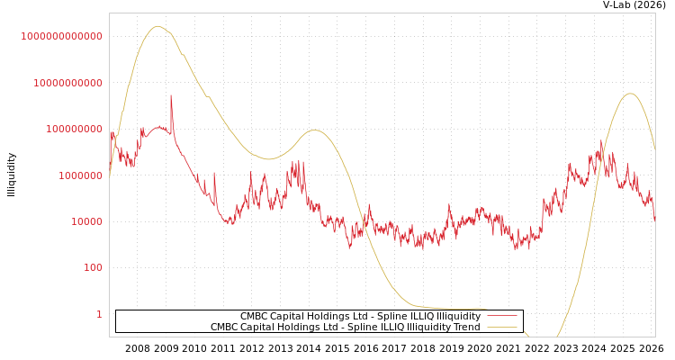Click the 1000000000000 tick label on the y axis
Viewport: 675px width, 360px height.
coord(62,36)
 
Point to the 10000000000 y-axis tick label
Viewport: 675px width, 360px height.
coord(67,83)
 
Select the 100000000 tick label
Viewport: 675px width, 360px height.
coord(74,129)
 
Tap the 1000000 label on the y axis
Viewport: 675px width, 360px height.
coord(80,175)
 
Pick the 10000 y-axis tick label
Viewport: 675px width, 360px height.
coord(86,221)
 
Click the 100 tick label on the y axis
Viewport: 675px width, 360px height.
coord(93,268)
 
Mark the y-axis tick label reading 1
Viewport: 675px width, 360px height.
coord(99,314)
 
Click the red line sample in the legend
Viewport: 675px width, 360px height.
coord(501,316)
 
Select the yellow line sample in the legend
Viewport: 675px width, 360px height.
coord(501,328)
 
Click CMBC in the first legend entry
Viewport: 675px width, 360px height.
coord(254,316)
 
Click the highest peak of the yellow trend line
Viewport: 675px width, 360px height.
coord(157,26)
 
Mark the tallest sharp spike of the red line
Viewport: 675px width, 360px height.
coord(171,96)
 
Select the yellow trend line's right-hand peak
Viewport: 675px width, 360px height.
coord(630,94)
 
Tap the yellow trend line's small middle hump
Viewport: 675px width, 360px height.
coord(314,130)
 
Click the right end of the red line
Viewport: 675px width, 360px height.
coord(654,218)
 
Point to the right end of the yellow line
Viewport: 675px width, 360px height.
coord(654,148)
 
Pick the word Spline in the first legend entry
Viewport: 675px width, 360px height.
coord(363,316)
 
